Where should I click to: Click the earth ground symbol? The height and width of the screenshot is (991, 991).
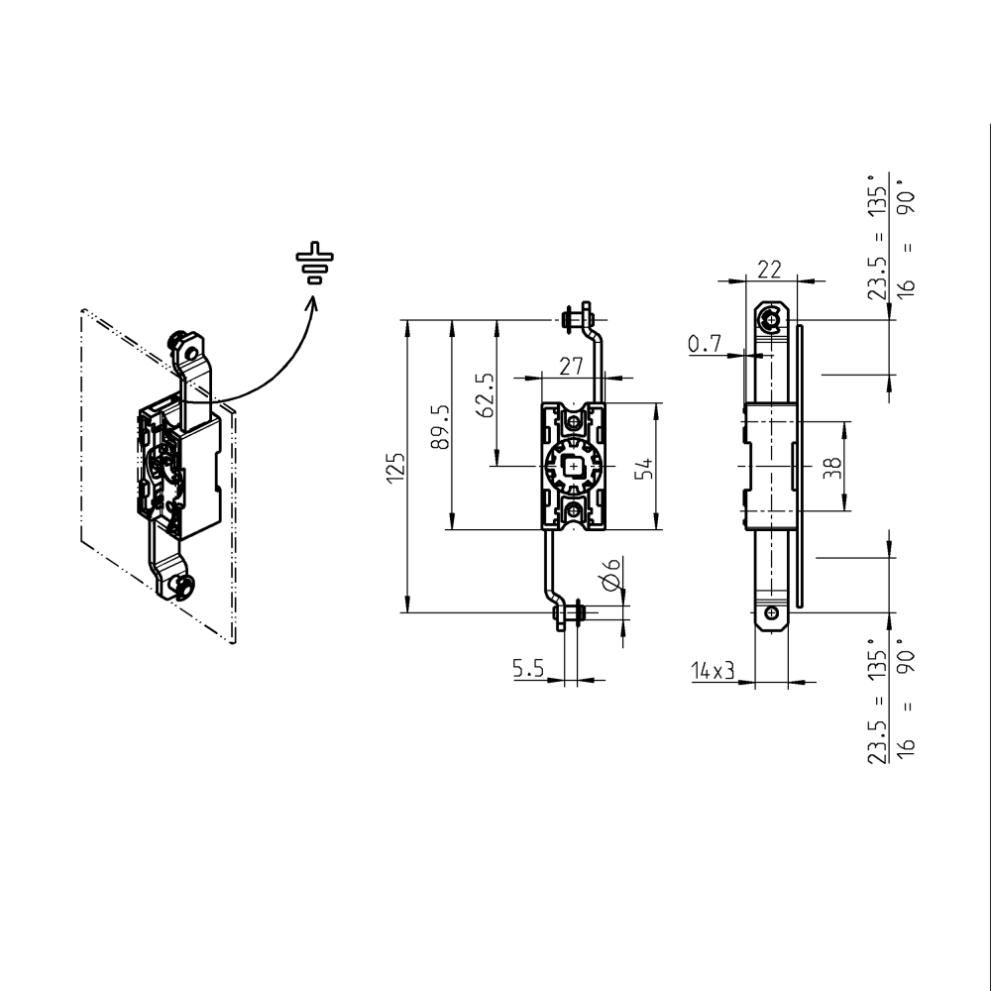314,263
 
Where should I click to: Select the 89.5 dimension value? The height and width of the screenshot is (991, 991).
442,426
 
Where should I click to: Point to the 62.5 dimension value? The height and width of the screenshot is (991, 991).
485,394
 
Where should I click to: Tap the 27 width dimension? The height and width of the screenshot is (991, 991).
570,365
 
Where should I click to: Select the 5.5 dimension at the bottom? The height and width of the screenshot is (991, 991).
529,670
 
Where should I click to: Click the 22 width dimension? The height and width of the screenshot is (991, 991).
769,269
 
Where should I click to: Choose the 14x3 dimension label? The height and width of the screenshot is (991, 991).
713,671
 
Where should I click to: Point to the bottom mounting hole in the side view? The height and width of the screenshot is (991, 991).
771,612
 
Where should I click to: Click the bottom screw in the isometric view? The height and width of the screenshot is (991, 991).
181,587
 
